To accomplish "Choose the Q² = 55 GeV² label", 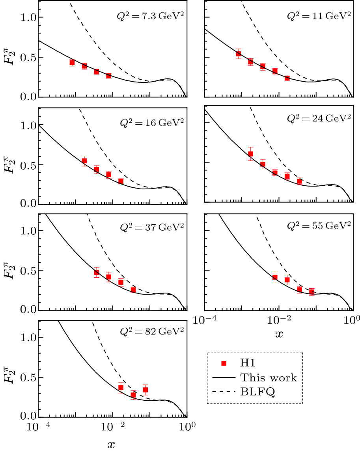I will click(319, 225).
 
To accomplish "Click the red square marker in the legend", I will click(224, 364).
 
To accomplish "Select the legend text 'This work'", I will click(269, 377).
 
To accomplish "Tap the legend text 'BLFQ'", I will click(259, 392).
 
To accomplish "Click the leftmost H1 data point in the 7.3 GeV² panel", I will click(72, 63).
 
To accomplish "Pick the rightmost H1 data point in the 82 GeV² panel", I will click(145, 390).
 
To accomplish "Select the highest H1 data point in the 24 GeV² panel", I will click(250, 154).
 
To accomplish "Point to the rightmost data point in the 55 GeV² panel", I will click(312, 292).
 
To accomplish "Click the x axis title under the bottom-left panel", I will click(112, 445).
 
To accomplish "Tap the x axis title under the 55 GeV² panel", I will click(279, 334).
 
